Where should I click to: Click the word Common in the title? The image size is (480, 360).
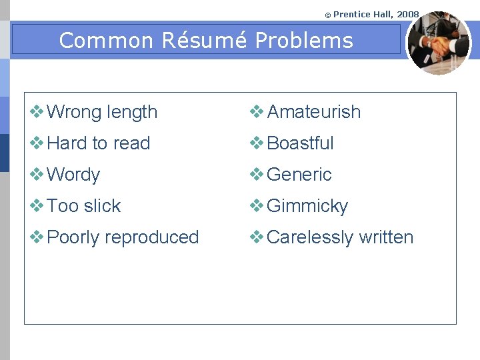tap(107, 41)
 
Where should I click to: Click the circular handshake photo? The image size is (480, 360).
tap(438, 43)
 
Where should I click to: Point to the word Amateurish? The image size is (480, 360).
tap(313, 112)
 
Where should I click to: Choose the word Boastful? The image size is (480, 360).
tap(300, 143)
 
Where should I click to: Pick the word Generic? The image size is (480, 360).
tap(299, 175)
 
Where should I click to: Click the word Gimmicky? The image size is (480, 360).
tap(307, 206)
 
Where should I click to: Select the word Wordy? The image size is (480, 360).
tap(73, 175)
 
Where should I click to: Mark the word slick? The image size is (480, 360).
tap(102, 206)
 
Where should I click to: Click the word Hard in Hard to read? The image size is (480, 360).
tap(67, 143)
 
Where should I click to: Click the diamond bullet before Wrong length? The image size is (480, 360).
tap(37, 112)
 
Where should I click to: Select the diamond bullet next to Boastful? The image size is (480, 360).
tap(257, 143)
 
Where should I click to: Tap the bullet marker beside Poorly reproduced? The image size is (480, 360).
tap(37, 237)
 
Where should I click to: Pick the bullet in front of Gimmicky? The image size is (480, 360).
tap(257, 206)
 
